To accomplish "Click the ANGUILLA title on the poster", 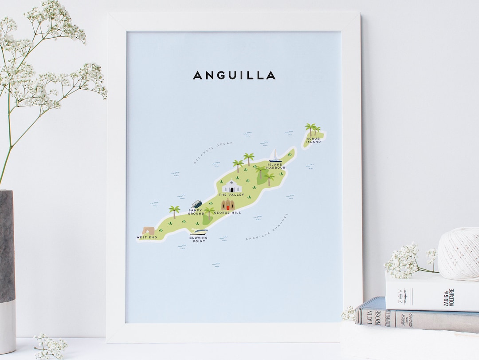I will (234, 75).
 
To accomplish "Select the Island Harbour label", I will (276, 166).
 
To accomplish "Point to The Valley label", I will (231, 195).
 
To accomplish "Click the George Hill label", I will (228, 213).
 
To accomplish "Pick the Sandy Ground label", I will (196, 212).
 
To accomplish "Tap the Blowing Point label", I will (198, 239).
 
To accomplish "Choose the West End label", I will (147, 237).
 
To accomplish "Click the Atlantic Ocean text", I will (213, 153).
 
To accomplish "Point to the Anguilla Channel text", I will (267, 227).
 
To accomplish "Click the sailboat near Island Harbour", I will (275, 155).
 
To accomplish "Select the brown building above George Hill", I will (228, 205).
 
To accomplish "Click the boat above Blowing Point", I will (199, 231).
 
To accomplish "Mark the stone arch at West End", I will (148, 230).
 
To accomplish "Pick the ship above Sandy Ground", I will (196, 204).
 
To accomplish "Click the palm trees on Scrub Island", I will (313, 129).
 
